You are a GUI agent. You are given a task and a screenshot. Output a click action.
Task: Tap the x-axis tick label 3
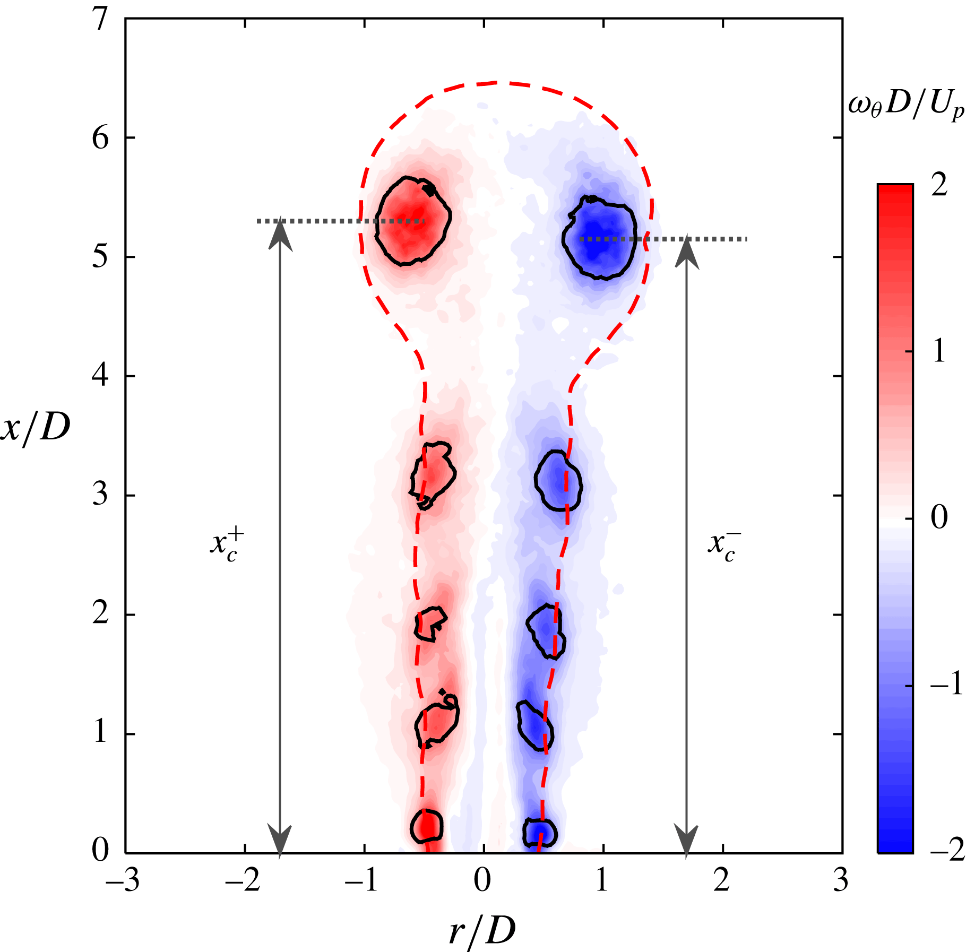tap(841, 881)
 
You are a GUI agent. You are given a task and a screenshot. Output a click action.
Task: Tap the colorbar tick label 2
tap(939, 186)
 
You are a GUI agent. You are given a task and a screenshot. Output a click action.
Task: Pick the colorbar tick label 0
tap(939, 517)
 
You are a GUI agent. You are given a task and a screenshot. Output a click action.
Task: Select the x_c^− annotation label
tap(724, 545)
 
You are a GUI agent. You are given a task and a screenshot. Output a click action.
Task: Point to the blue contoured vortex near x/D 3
tap(558, 481)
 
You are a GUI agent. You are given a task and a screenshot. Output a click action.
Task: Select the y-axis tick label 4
tap(100, 376)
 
